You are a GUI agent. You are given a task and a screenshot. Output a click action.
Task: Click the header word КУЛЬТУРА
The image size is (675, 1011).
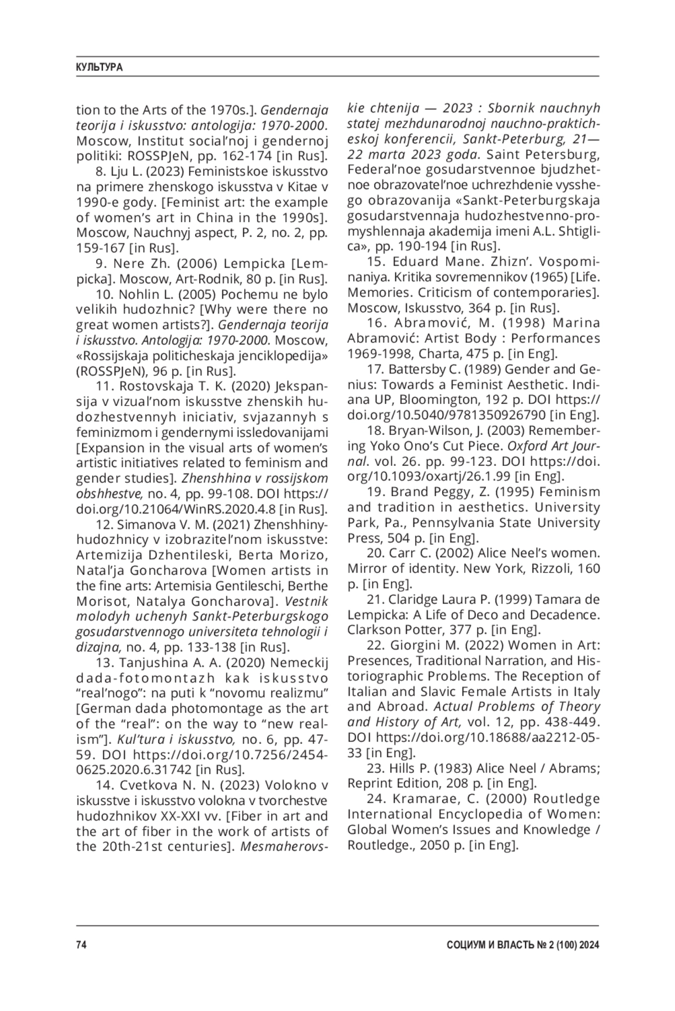[99, 68]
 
